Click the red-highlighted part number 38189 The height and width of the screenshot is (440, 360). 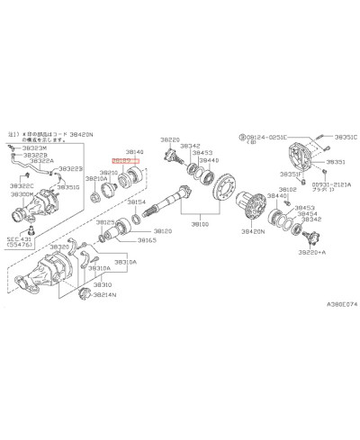click(x=121, y=159)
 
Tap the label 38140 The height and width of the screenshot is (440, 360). click(x=135, y=151)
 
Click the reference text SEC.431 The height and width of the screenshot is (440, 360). click(x=18, y=237)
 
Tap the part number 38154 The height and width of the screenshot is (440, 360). click(x=137, y=202)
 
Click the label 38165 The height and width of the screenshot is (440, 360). click(x=148, y=240)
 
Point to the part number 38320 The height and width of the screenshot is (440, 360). click(x=59, y=247)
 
